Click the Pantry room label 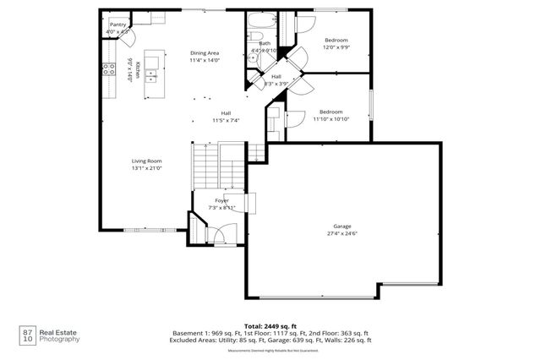(x=117, y=25)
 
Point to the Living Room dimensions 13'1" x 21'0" (x=146, y=168)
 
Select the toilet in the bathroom (x=254, y=38)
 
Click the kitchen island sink (x=153, y=74)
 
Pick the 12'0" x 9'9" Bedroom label (x=336, y=43)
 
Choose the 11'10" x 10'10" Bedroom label (x=331, y=116)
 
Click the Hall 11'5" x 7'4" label (x=226, y=117)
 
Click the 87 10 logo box (x=28, y=335)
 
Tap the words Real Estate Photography (x=62, y=335)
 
